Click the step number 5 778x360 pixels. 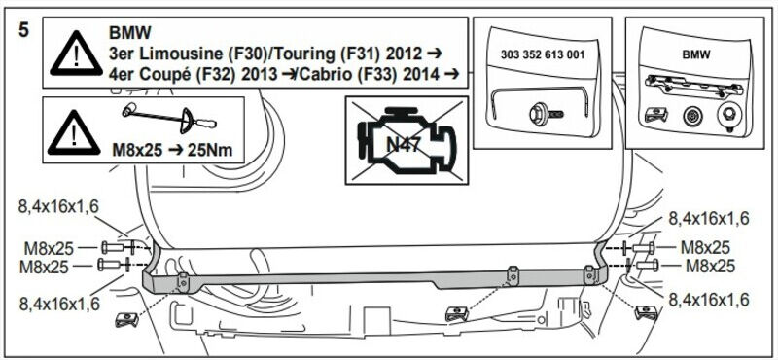(23, 30)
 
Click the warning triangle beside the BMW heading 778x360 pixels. (76, 54)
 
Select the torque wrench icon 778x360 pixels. (169, 116)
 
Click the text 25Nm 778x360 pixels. (210, 150)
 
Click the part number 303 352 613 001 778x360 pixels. (543, 54)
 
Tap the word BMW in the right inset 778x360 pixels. (695, 54)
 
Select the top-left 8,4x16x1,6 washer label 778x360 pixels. (59, 207)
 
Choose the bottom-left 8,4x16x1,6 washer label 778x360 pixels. (59, 303)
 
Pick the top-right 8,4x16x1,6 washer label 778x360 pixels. (709, 218)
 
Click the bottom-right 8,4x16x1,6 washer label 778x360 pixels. (709, 300)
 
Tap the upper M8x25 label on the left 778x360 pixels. (49, 247)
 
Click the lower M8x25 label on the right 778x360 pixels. (710, 267)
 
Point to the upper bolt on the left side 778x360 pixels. (112, 246)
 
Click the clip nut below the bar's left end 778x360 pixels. (126, 319)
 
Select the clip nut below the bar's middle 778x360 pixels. (457, 313)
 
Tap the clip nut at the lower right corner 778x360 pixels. (646, 312)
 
